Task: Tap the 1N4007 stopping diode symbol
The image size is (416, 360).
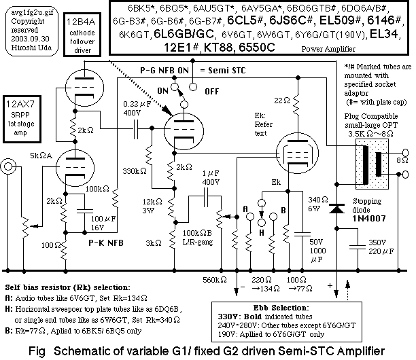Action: [x=336, y=209]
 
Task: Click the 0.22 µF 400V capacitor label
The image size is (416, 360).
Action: [x=137, y=109]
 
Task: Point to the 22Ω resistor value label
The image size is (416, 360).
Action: [x=282, y=101]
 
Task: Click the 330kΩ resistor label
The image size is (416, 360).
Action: [x=135, y=171]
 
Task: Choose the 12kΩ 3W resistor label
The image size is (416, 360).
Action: [x=152, y=206]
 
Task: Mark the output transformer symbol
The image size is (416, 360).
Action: [x=372, y=164]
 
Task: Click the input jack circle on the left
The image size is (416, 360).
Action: [x=8, y=166]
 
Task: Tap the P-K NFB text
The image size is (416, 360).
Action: [x=106, y=242]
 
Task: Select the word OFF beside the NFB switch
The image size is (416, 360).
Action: [x=211, y=92]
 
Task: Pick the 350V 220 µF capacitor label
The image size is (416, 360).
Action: [x=381, y=247]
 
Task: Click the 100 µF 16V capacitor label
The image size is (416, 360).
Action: [x=103, y=223]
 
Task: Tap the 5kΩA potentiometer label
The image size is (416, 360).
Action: [x=41, y=156]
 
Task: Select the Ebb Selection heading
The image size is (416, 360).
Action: [x=281, y=308]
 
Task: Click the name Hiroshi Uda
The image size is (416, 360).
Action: [x=31, y=48]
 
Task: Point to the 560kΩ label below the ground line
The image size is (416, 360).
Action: [x=215, y=280]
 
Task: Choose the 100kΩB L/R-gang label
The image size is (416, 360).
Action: [x=198, y=237]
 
